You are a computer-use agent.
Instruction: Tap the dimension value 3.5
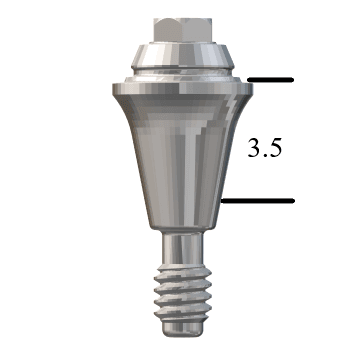265,148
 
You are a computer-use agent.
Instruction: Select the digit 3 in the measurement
254,148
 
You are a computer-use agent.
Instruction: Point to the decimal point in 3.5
265,156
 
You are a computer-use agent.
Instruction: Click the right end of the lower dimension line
293,201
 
